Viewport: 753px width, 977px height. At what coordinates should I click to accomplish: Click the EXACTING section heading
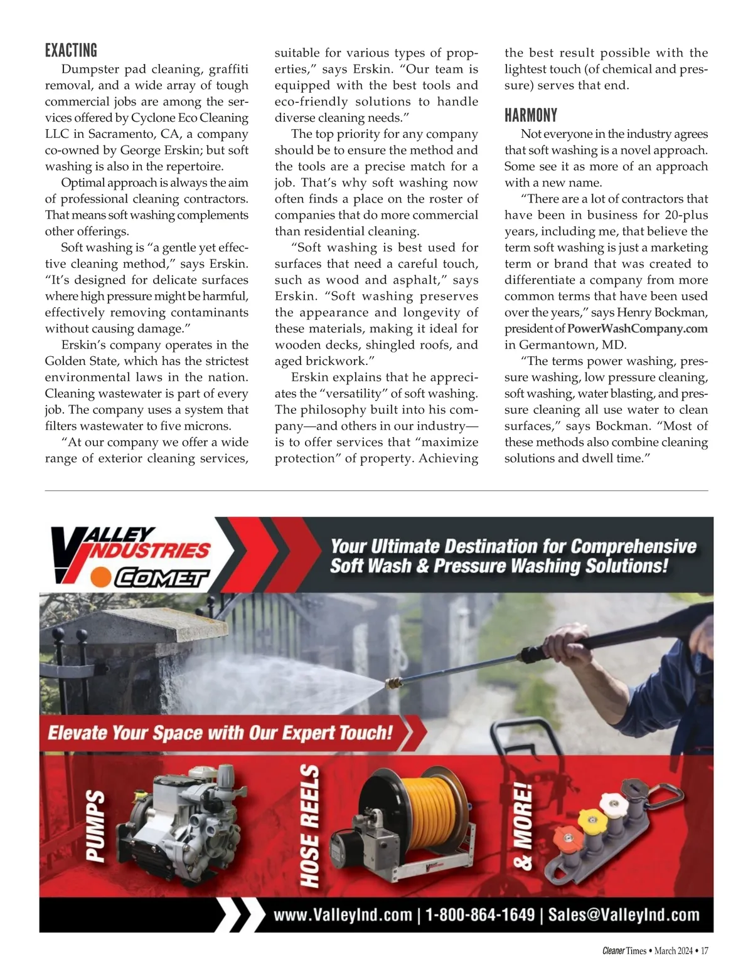(x=71, y=50)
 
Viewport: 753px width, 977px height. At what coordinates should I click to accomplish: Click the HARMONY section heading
(x=530, y=115)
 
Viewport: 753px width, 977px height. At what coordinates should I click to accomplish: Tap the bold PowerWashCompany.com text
(x=637, y=329)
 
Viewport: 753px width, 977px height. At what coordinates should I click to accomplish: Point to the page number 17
(x=704, y=951)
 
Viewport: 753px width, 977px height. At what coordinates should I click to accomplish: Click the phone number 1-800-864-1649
(x=480, y=915)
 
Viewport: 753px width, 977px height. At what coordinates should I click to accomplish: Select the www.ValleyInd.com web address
(x=343, y=915)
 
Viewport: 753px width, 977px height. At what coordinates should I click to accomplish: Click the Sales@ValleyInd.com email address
(x=624, y=915)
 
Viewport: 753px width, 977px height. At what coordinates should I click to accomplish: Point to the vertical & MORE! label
(x=523, y=827)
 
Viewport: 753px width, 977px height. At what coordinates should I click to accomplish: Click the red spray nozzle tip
(x=564, y=837)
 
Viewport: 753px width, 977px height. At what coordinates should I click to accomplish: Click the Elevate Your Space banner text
(x=220, y=732)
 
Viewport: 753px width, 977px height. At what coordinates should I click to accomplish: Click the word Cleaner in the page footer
(x=613, y=951)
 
